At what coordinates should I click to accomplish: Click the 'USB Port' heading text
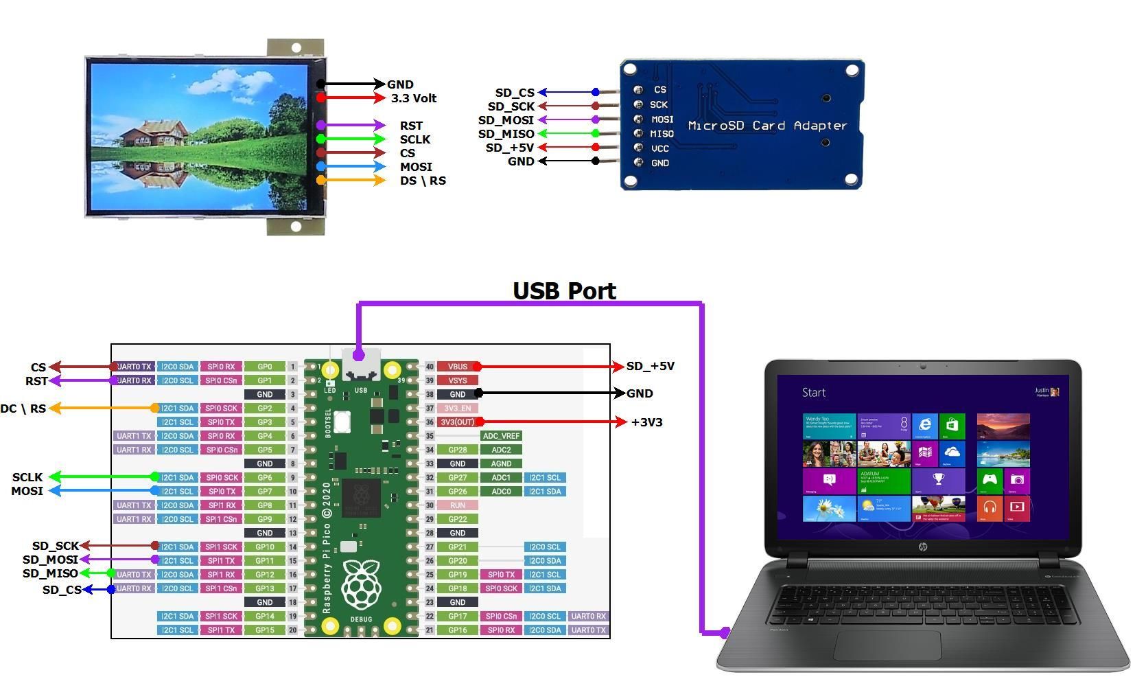564,291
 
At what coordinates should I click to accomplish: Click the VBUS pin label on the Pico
457,367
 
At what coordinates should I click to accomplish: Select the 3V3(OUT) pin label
457,422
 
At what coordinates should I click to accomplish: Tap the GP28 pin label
457,450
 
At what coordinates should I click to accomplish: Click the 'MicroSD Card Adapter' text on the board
767,126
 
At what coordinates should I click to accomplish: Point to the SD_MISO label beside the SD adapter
506,134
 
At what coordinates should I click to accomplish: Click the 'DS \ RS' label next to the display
423,181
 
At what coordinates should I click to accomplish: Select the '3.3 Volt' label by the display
413,98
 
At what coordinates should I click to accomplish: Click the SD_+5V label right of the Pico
650,367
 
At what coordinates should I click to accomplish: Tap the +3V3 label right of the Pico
646,422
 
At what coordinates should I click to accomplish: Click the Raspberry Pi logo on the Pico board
361,584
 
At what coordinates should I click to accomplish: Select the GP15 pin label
265,630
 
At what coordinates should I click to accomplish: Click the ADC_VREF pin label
501,436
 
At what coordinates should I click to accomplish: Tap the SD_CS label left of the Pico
62,590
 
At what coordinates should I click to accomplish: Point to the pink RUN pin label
457,505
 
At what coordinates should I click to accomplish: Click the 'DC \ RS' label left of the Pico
23,409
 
